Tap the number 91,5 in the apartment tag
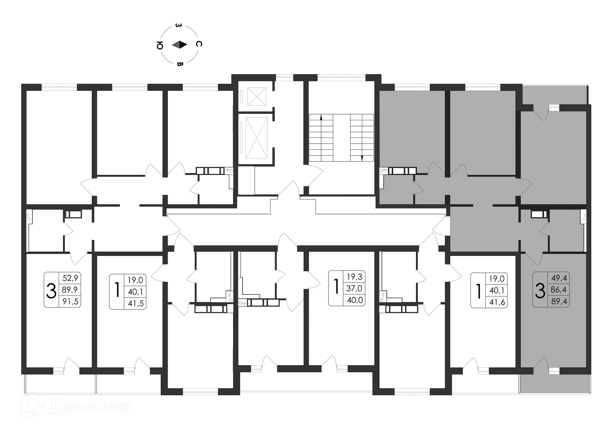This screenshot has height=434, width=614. [70, 301]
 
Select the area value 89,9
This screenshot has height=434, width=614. [70, 290]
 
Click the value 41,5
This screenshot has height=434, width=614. [136, 303]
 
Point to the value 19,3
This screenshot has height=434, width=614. [354, 277]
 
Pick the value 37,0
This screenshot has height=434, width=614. [354, 288]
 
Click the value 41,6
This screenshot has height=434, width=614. [497, 302]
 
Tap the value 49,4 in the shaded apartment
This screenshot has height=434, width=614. [559, 278]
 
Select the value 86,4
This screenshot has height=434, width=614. [559, 290]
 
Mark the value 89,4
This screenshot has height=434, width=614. [559, 301]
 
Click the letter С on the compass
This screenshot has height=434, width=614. [199, 44]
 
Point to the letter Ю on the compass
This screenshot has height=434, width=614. [160, 46]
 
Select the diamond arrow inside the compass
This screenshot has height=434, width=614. [179, 45]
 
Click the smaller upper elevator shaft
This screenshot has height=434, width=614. [256, 96]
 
